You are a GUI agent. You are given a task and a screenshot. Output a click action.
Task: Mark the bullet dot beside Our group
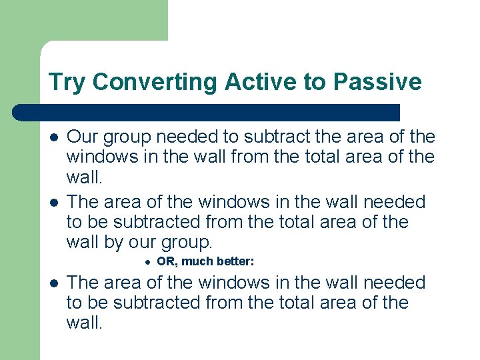[x=53, y=138]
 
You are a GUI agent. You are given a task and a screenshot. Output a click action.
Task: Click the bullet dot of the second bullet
[x=53, y=202]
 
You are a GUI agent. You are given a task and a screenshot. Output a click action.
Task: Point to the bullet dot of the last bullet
[x=53, y=283]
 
